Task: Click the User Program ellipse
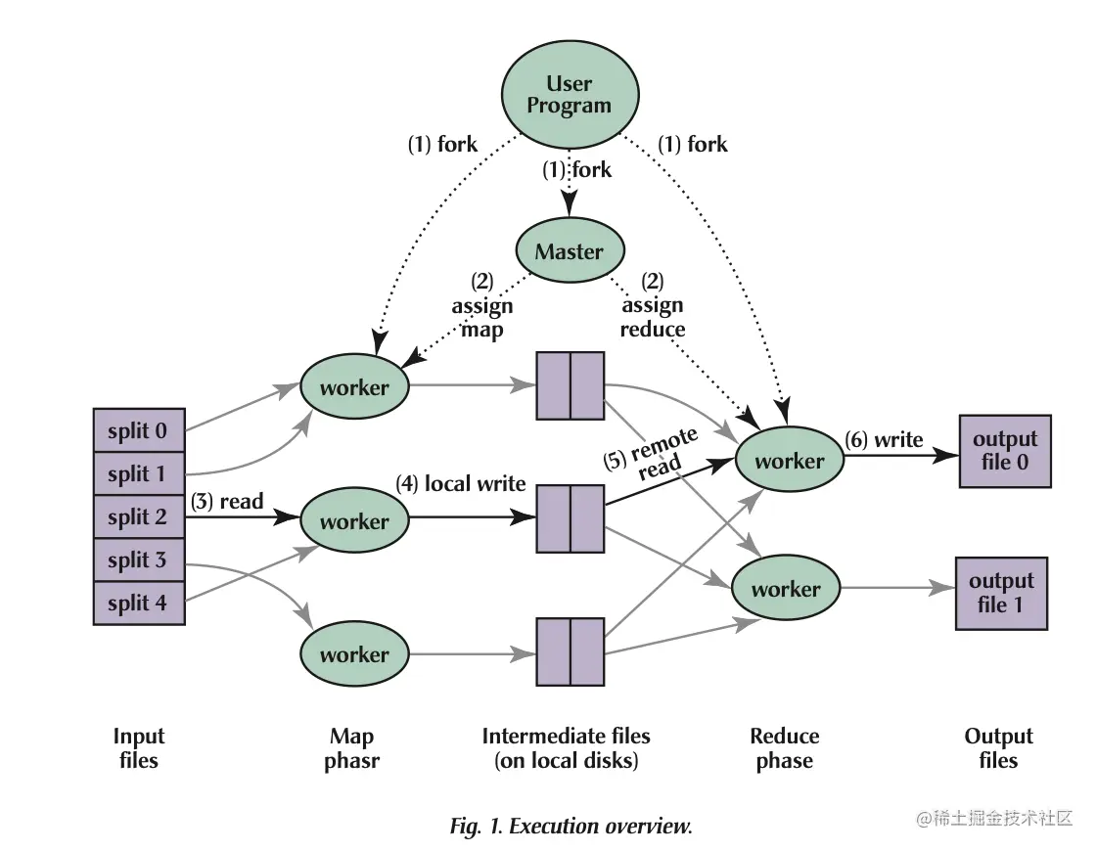(570, 95)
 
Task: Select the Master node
(569, 251)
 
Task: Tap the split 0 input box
(138, 430)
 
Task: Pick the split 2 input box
(138, 516)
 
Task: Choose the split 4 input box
(138, 603)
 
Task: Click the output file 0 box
(1005, 451)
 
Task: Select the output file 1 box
(1000, 593)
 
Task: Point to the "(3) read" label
(227, 502)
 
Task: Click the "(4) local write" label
(460, 483)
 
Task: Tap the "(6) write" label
(885, 440)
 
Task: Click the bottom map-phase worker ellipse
(354, 654)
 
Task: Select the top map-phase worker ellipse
(354, 387)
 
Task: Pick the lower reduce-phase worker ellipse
(786, 589)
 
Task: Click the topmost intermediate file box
(571, 386)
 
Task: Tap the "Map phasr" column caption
(351, 748)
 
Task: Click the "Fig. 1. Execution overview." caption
(571, 826)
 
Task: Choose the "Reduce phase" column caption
(785, 748)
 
